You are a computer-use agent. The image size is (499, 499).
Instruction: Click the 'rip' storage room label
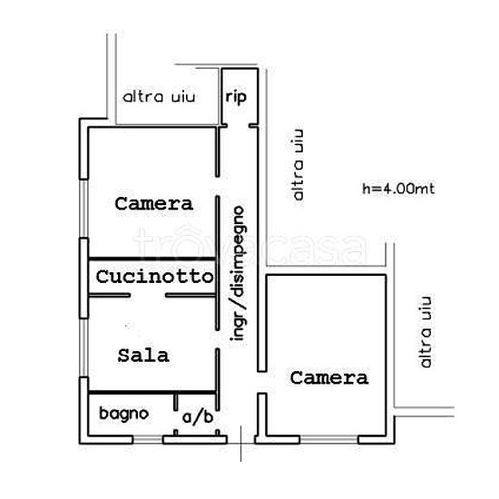coord(236,97)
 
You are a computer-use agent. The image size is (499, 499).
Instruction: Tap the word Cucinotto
coord(154,277)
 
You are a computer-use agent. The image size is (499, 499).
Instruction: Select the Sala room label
coord(143,356)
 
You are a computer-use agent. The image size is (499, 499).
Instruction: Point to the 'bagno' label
coord(124,414)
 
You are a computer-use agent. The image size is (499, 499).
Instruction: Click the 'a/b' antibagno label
coord(198,417)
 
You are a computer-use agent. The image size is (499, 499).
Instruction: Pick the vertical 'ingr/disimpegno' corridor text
coord(238,274)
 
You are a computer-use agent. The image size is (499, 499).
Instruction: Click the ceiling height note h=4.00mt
coord(398,189)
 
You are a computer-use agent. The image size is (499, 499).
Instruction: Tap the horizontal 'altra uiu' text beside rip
coord(159,97)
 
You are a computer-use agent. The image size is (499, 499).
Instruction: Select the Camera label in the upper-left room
coord(154,203)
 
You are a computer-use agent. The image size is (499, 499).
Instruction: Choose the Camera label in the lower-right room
coord(329,377)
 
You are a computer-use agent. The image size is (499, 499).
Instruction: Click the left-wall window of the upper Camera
coord(83,209)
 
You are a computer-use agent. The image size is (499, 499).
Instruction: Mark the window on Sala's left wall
coord(83,347)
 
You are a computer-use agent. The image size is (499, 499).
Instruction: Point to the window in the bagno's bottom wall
coord(148,440)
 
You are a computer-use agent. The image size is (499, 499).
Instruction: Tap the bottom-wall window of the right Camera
coord(329,440)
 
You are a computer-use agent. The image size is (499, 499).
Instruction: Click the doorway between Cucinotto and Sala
coord(148,296)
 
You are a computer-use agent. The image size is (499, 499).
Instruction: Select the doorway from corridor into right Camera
coord(262,383)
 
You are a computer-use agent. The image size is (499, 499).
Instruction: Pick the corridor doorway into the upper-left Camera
coord(218,186)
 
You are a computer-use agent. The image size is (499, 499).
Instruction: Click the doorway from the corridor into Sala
coord(218,339)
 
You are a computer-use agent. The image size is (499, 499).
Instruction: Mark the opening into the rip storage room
coord(238,126)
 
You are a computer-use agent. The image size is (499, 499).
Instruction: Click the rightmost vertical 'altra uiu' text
coord(426,332)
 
